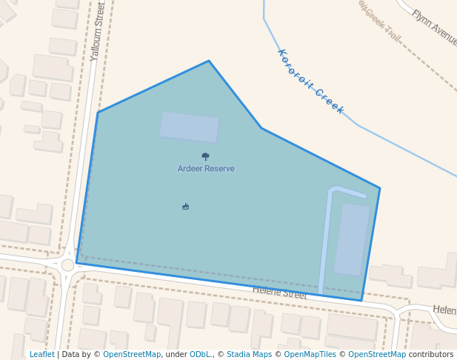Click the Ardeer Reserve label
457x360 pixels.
coord(206,169)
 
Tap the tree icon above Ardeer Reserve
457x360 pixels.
coord(205,156)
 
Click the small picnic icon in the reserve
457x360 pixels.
coord(185,207)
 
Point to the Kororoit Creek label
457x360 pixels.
coord(311,81)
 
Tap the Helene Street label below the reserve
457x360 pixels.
coord(280,294)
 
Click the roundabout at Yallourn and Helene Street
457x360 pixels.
coord(67,265)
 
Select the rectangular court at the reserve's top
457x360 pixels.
coord(190,127)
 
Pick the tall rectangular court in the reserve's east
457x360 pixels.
coord(352,239)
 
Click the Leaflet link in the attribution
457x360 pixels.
coord(42,354)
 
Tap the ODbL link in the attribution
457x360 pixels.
coord(201,354)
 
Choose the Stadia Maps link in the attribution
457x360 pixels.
coord(249,354)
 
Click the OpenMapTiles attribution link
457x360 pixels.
coord(312,354)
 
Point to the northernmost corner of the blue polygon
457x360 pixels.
coord(209,61)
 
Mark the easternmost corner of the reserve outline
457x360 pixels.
coord(380,188)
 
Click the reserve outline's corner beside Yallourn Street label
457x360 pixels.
coord(98,113)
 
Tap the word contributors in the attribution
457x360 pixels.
coord(431,354)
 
